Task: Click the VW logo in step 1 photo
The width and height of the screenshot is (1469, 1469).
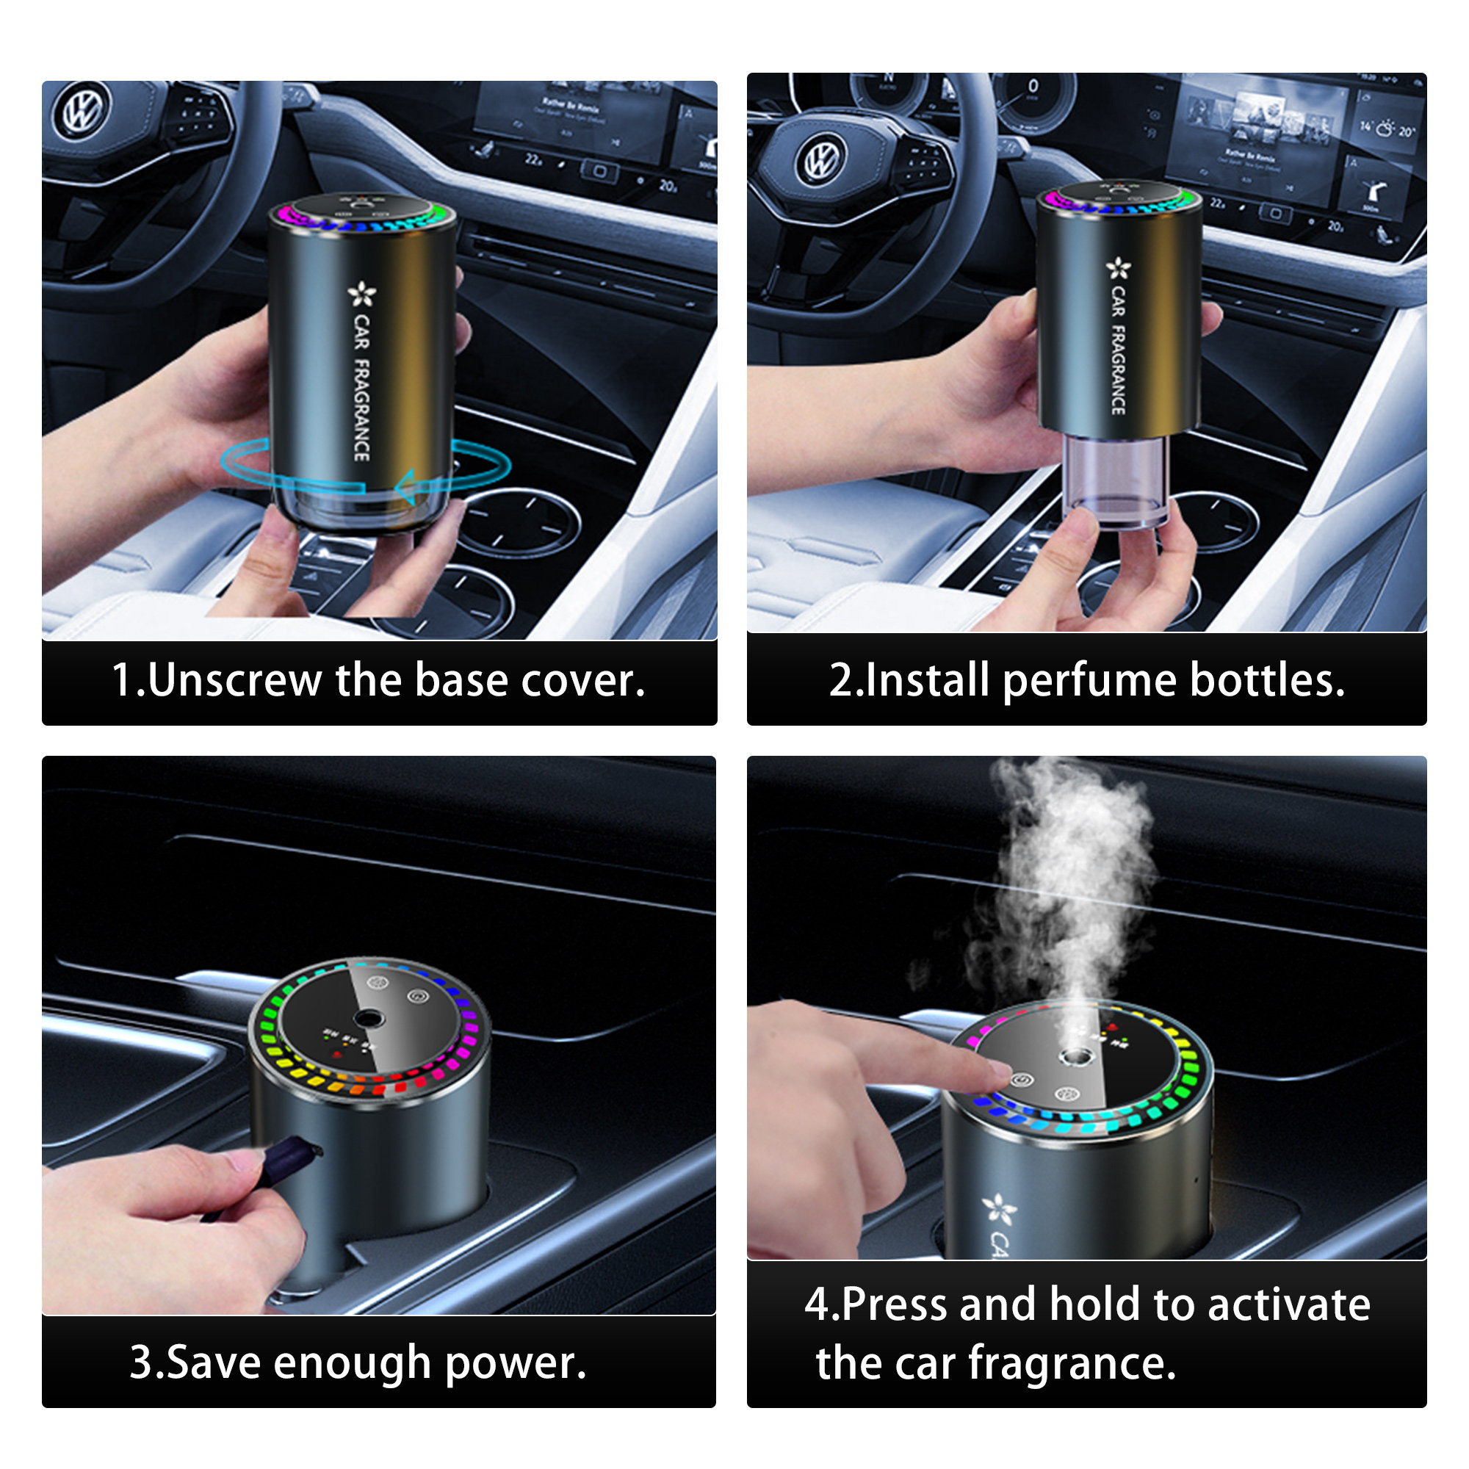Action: coord(82,109)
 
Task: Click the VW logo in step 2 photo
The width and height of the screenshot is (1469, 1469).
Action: coord(822,159)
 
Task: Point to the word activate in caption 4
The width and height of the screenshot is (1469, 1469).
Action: coord(1289,1304)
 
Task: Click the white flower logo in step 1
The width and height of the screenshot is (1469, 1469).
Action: coord(362,295)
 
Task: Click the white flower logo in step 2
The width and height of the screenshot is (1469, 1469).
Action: coord(1118,267)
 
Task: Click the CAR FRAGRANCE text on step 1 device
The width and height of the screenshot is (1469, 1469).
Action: coord(362,388)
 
